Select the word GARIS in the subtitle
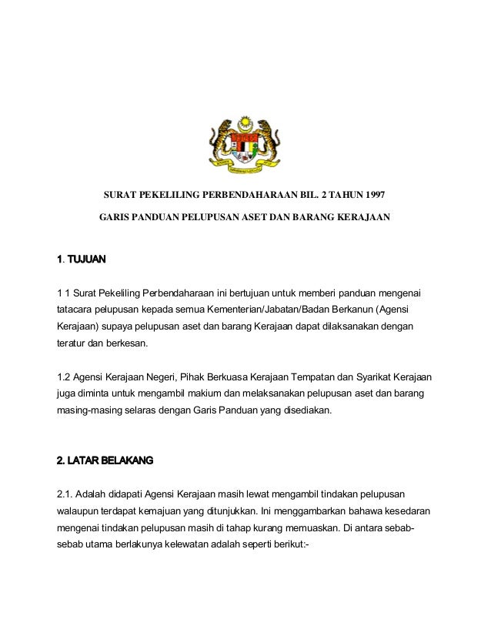(x=115, y=218)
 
